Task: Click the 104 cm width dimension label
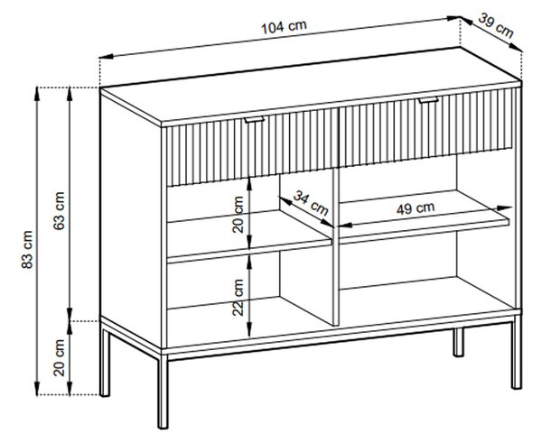tap(284, 26)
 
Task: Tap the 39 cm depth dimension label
tap(496, 25)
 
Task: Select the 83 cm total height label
tap(27, 250)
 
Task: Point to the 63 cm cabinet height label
tap(59, 211)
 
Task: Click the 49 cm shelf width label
tap(416, 208)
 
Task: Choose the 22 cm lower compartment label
tap(238, 298)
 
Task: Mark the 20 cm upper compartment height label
tap(238, 215)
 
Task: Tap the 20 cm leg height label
tap(59, 357)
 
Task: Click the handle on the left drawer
tap(255, 119)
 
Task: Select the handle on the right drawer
tap(428, 100)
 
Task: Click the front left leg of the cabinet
tap(163, 392)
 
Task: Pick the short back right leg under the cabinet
tap(458, 342)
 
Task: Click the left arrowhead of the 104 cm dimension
tap(106, 56)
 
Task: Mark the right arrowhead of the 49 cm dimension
tap(505, 208)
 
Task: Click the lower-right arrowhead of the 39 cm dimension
tap(517, 48)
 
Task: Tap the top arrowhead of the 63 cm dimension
tap(70, 94)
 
